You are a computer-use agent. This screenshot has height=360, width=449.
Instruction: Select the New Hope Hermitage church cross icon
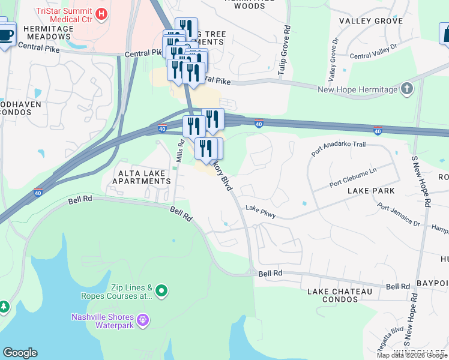(x=407, y=89)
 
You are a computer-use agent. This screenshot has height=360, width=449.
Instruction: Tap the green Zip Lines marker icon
(x=161, y=292)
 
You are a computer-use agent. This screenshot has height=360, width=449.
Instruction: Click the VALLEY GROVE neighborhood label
(x=370, y=21)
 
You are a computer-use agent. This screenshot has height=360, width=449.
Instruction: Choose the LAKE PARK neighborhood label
(x=370, y=191)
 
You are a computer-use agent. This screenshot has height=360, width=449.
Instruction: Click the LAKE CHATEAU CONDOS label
(x=340, y=295)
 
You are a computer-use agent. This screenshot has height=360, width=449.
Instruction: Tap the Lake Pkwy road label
(x=260, y=212)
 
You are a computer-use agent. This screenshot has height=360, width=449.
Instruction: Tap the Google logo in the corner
(x=20, y=353)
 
